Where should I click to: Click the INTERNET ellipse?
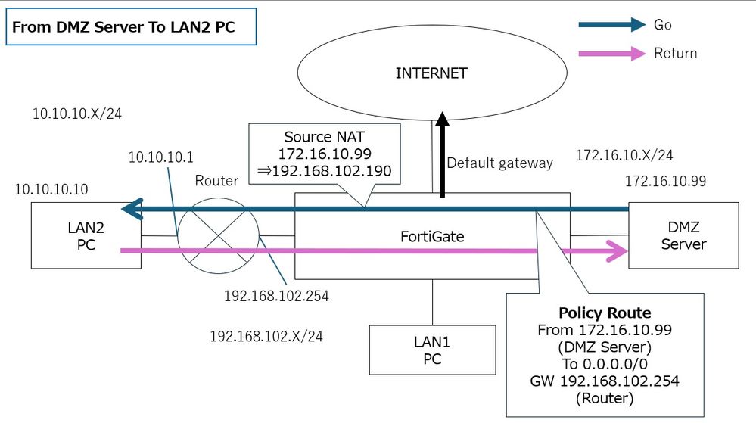click(431, 74)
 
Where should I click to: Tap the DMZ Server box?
click(683, 235)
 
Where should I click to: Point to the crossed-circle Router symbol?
click(218, 235)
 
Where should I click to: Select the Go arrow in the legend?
click(612, 25)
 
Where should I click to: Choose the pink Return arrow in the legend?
click(612, 54)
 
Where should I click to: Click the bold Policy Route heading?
click(604, 313)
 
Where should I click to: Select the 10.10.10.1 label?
click(160, 157)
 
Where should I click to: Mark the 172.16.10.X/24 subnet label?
click(624, 156)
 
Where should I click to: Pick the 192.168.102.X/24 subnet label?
click(266, 336)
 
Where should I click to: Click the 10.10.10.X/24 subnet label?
click(77, 114)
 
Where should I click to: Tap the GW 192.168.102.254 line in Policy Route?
click(604, 381)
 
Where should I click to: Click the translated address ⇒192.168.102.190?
click(325, 172)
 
